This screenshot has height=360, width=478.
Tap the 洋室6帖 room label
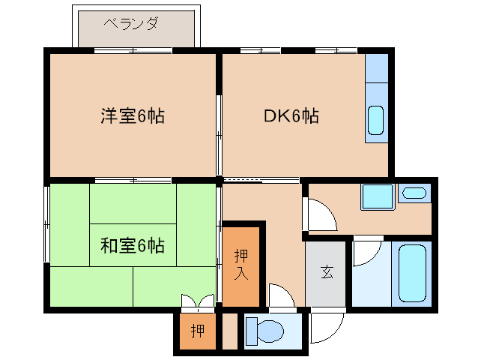click(133, 116)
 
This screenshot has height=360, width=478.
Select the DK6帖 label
click(291, 116)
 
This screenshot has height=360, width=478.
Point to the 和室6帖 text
click(133, 244)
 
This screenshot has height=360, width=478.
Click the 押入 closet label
click(240, 265)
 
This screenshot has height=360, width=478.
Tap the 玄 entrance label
click(327, 272)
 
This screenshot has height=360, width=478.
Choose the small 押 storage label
click(196, 331)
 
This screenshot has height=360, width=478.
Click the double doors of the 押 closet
click(197, 302)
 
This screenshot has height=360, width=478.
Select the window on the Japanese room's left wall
click(47, 224)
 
